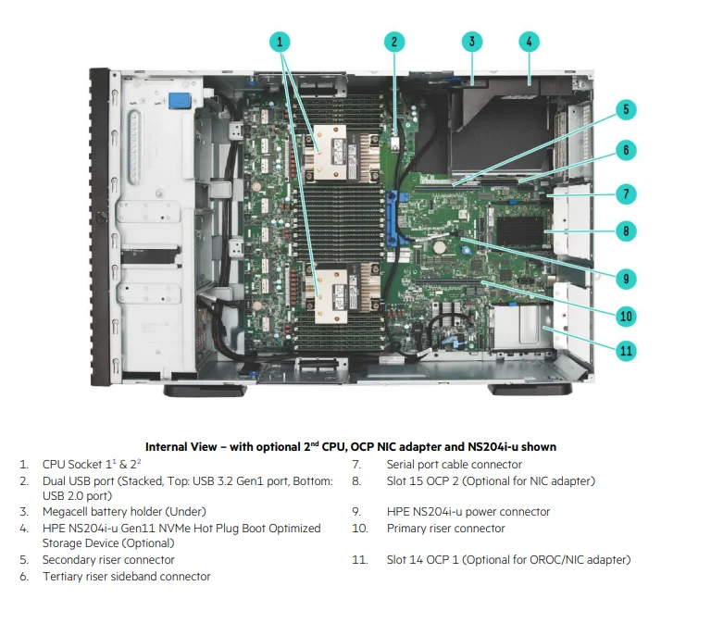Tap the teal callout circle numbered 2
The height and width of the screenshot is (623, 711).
click(x=393, y=42)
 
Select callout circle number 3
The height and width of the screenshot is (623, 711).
click(x=472, y=42)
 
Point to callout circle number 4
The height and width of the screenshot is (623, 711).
click(x=528, y=42)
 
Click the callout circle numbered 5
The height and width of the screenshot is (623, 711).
click(x=626, y=110)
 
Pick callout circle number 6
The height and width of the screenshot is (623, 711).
click(x=626, y=150)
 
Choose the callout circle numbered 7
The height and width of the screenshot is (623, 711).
click(x=626, y=193)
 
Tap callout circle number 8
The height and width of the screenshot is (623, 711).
click(x=626, y=231)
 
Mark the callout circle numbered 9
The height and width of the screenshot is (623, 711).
click(x=626, y=277)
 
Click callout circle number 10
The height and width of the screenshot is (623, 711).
click(x=626, y=316)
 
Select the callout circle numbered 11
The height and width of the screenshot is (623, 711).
click(x=626, y=350)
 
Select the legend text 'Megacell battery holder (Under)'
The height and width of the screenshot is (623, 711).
click(x=124, y=511)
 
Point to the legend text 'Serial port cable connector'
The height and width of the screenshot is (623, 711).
click(x=454, y=465)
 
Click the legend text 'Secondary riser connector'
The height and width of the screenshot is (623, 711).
click(x=108, y=560)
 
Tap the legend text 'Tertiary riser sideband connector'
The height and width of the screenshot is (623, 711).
click(x=126, y=577)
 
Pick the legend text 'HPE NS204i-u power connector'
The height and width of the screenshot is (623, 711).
click(x=468, y=512)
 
